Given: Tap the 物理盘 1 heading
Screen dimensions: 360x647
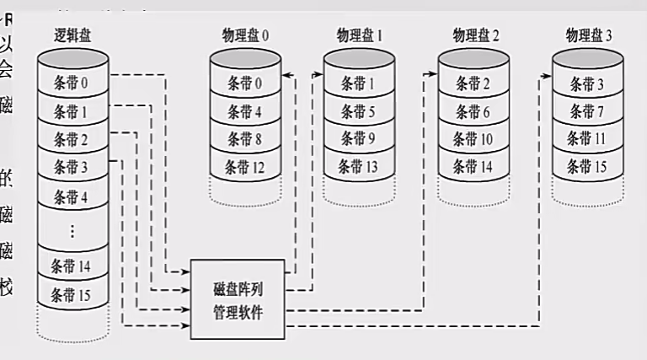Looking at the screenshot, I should pos(360,35).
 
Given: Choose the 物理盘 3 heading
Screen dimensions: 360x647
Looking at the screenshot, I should pos(590,35).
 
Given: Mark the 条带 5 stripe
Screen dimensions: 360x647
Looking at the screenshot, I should pos(359,111).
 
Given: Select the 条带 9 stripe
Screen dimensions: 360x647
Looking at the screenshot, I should pos(359,139).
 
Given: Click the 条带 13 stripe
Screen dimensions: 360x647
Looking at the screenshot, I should pos(359,167).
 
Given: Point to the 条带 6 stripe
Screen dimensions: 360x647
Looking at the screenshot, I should pos(474,111).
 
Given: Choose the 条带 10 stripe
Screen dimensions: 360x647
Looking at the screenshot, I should pos(474,139).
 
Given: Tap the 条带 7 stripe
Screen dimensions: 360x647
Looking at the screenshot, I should pos(588,111).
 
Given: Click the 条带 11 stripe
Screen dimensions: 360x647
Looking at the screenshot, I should pos(588,139).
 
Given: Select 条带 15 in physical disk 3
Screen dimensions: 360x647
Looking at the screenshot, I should pos(588,167).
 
